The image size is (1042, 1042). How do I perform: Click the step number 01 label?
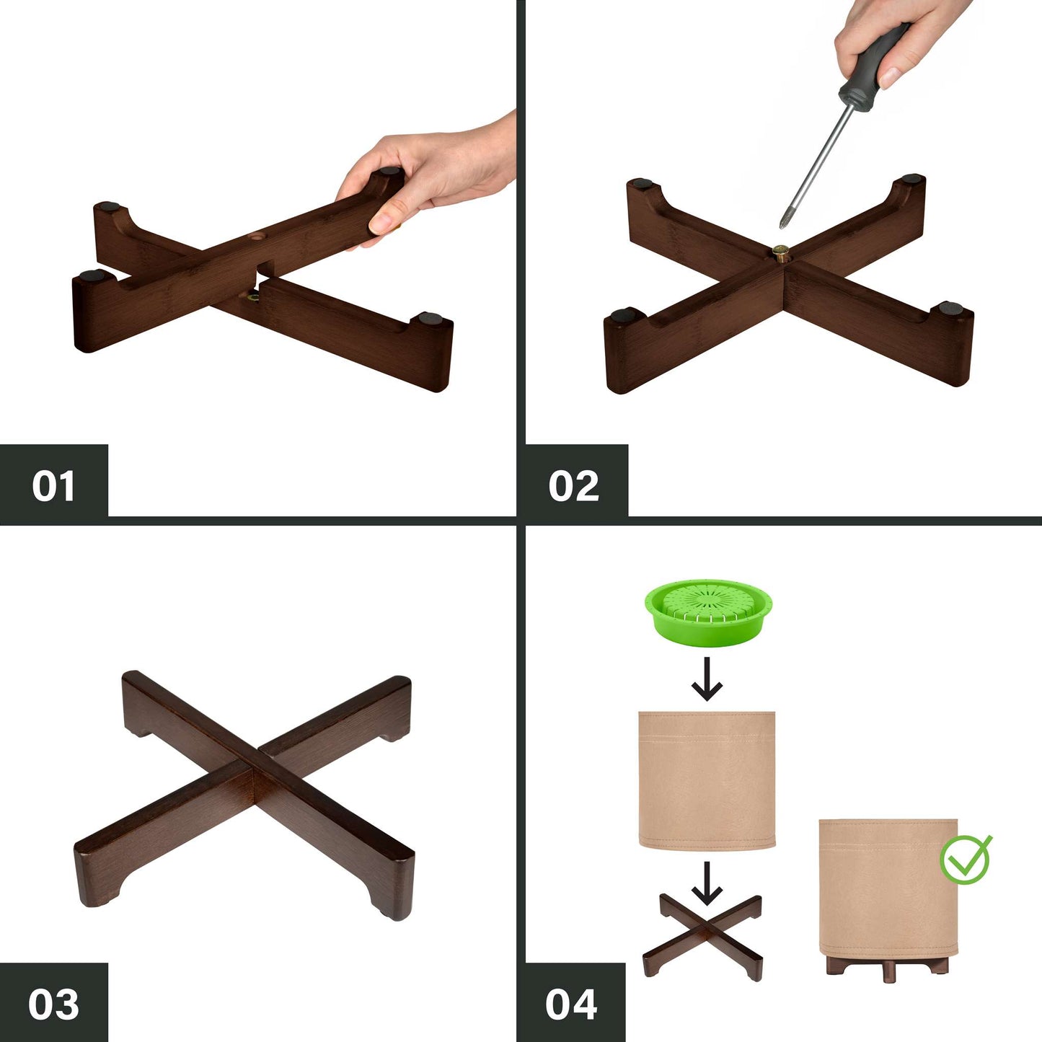[x=53, y=486]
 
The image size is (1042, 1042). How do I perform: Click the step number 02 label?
[x=574, y=486]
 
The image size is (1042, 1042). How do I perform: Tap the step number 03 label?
[x=53, y=989]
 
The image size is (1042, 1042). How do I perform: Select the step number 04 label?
[x=571, y=989]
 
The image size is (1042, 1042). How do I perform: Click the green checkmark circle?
[x=966, y=859]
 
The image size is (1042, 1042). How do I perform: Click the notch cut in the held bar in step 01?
[x=265, y=268]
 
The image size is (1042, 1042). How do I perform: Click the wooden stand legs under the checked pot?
[x=888, y=968]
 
